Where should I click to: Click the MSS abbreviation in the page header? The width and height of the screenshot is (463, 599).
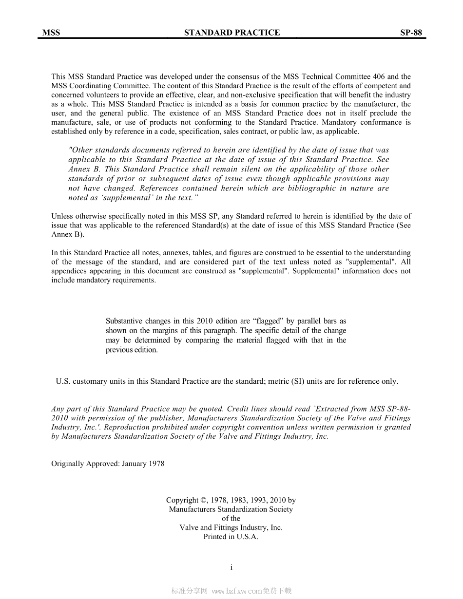[51, 33]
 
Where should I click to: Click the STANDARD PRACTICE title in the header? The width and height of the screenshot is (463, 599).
[232, 33]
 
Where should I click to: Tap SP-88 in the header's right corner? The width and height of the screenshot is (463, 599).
[411, 33]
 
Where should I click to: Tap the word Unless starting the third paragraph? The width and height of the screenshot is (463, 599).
[62, 216]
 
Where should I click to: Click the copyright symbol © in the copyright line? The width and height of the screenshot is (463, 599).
[203, 500]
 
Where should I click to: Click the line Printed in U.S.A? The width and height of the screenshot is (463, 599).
[231, 537]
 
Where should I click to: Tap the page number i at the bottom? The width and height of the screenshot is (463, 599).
[231, 567]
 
